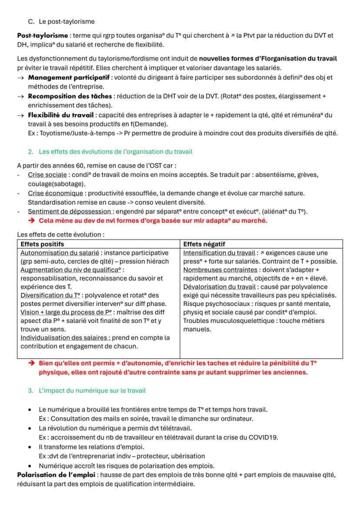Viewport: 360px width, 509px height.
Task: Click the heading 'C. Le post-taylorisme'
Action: (61, 21)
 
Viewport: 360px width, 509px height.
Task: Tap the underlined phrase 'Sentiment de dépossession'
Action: (70, 211)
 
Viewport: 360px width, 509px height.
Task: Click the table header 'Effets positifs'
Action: (42, 244)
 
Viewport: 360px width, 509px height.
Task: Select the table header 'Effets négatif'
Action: (204, 244)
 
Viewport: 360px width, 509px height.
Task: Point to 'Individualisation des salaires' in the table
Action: (65, 338)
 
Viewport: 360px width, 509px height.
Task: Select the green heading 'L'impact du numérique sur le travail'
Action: (92, 390)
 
